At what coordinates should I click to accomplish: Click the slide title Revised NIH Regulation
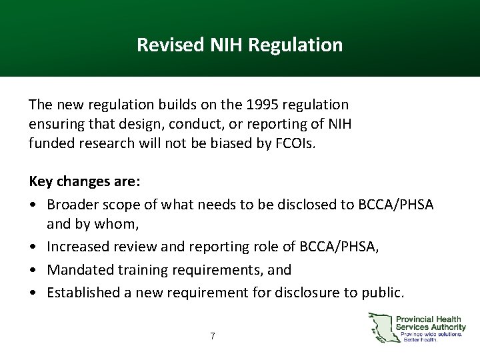239,45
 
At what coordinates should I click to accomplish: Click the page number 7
212,336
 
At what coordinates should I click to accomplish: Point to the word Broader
71,205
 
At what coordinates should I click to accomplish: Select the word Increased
76,247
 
